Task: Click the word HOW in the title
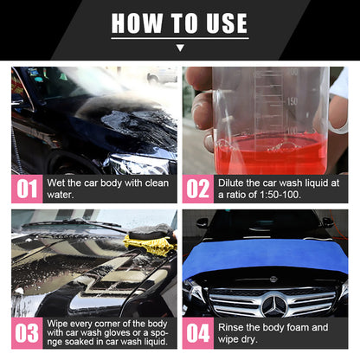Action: (136, 23)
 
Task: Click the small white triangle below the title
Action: (180, 49)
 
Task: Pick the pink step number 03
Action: (27, 332)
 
